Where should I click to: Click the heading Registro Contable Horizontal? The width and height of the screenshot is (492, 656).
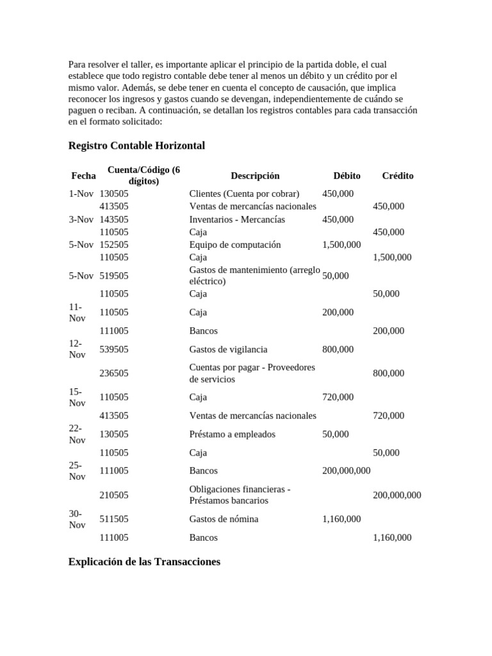[x=136, y=145]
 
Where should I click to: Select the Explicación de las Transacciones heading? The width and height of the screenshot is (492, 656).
[x=144, y=561]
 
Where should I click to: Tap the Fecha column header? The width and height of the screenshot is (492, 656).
[x=83, y=176]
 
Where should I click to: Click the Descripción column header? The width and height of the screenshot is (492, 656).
[x=255, y=176]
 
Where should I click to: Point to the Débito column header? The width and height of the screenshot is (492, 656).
[x=347, y=176]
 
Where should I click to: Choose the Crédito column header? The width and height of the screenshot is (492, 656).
[x=397, y=176]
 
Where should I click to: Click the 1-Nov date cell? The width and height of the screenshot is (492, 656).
[x=81, y=193]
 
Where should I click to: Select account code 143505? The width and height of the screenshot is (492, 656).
[x=114, y=219]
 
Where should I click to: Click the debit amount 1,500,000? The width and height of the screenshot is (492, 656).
[x=341, y=245]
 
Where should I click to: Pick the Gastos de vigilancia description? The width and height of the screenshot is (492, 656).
[x=229, y=349]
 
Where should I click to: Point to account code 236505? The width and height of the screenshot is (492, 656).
[x=114, y=373]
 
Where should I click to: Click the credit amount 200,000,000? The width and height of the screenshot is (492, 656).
[x=397, y=495]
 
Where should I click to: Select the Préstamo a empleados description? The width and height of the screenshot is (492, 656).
[x=232, y=434]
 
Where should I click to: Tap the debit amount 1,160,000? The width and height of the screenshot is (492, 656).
[x=341, y=519]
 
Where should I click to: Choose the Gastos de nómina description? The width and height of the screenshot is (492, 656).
[x=224, y=519]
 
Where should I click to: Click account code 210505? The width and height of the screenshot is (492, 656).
[x=114, y=495]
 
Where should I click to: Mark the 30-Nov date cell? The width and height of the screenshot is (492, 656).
[x=77, y=519]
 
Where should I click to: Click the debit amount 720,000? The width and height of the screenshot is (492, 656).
[x=338, y=397]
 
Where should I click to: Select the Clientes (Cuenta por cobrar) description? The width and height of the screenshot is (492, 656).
[x=244, y=193]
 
